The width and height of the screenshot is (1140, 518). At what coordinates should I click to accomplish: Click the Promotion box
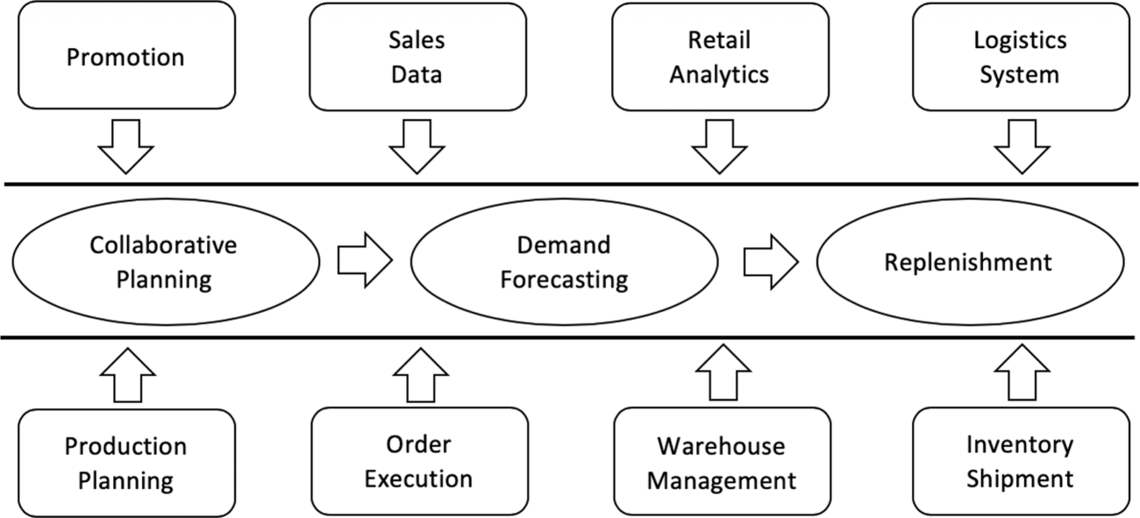coord(126,58)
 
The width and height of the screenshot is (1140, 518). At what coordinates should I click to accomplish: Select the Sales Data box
coord(417,58)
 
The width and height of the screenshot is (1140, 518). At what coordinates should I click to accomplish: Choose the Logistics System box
coord(1020,58)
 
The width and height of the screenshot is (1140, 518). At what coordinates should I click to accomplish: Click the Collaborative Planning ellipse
coord(164,262)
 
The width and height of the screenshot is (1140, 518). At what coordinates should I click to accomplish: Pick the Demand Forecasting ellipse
coord(563,262)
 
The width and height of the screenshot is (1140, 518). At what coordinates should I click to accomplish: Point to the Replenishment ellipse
coord(969,262)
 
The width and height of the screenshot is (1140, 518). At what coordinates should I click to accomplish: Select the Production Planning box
coord(126,462)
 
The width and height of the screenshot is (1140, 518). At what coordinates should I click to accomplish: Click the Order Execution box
coord(418,461)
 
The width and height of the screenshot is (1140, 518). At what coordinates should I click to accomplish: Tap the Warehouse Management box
coord(721,462)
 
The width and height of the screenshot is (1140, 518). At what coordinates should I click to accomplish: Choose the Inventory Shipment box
coord(1020,461)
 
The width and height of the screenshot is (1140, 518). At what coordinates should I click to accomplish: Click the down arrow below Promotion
coord(126,145)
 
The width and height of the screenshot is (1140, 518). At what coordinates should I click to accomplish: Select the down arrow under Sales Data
coord(417,145)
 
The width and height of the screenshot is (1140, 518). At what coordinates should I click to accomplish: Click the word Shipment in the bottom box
coord(1020,479)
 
